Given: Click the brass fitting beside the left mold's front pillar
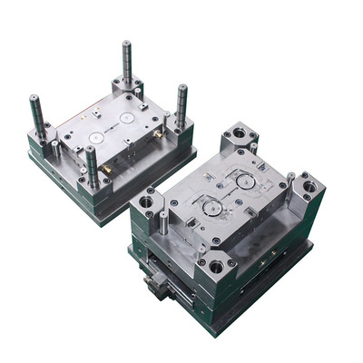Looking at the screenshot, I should click(x=106, y=169).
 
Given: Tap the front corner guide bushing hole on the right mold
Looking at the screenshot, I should click(x=216, y=267).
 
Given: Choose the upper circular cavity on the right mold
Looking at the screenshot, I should click(x=243, y=181).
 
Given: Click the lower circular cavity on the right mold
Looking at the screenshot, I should click(x=211, y=207).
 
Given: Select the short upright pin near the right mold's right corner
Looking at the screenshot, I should click(x=290, y=181).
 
